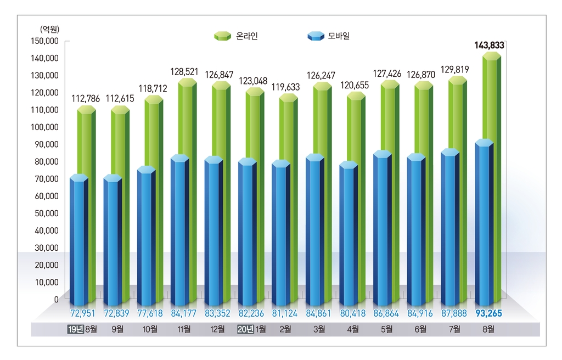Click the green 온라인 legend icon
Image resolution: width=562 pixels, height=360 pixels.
coord(222,36)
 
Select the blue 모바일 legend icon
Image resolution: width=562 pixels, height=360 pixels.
coord(316,36)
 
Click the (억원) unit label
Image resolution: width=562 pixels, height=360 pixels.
coord(49,29)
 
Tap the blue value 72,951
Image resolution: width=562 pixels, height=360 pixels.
coord(79,313)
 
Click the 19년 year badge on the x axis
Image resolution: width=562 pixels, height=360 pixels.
coord(75,329)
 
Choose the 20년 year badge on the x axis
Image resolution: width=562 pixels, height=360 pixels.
coord(244,329)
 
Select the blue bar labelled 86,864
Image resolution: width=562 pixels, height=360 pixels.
coord(383,230)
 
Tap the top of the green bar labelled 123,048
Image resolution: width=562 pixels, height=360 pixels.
coord(255,92)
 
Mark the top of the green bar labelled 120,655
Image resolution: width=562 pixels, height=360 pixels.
coord(356,96)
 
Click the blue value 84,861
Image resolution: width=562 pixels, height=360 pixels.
coord(316,313)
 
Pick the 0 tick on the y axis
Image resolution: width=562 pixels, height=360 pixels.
coord(56,300)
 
